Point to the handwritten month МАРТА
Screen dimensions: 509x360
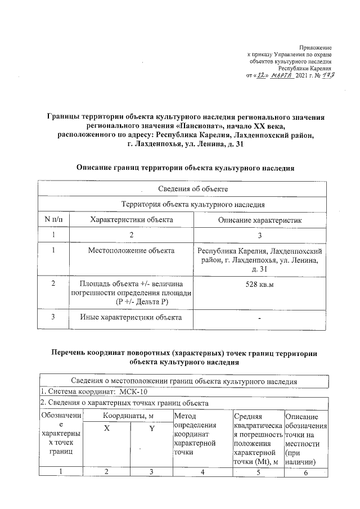(x=281, y=75)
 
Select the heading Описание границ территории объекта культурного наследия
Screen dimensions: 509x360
(x=185, y=168)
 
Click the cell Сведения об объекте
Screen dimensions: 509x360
(x=185, y=188)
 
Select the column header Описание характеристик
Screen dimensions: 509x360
(x=260, y=220)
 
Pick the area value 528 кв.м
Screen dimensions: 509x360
(x=260, y=285)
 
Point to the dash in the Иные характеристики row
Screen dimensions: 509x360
(x=260, y=319)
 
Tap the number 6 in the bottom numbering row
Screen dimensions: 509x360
(x=306, y=472)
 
